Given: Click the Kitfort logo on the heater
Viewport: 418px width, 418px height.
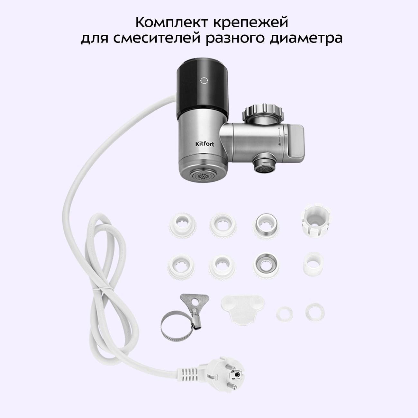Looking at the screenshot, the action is click(x=205, y=144).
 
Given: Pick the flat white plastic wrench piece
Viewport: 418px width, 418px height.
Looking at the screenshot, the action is click(x=243, y=310).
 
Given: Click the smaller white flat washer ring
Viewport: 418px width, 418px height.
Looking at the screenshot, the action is click(x=284, y=314).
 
